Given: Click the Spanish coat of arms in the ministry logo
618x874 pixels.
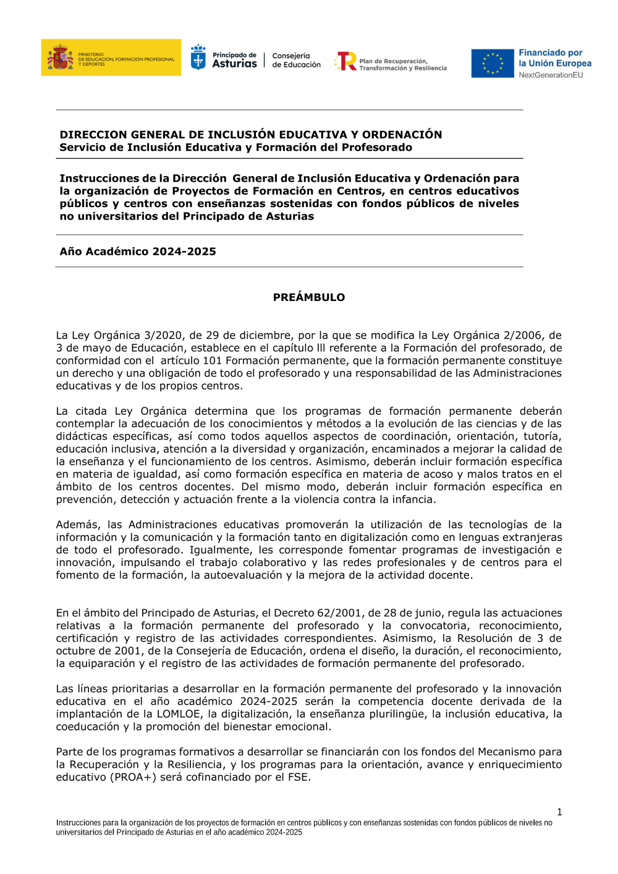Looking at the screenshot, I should click(x=60, y=57).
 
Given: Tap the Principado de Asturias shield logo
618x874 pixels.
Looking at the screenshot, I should click(x=198, y=58).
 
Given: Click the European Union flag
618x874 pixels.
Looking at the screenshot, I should click(x=493, y=64).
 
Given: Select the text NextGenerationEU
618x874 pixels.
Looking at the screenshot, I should click(x=551, y=75).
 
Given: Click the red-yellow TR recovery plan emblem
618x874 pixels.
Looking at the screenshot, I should click(x=346, y=61).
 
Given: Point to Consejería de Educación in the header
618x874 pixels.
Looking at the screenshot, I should click(x=296, y=60).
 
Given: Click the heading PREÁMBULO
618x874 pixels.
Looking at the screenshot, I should click(x=309, y=297).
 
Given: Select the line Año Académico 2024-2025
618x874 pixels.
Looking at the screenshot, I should click(x=138, y=252).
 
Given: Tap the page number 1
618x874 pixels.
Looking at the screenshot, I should click(x=559, y=812).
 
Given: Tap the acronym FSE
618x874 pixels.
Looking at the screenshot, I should click(x=298, y=777).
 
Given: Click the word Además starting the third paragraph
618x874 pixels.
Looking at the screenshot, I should click(x=78, y=525).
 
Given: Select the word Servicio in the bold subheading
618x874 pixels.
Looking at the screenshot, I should click(x=82, y=148).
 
